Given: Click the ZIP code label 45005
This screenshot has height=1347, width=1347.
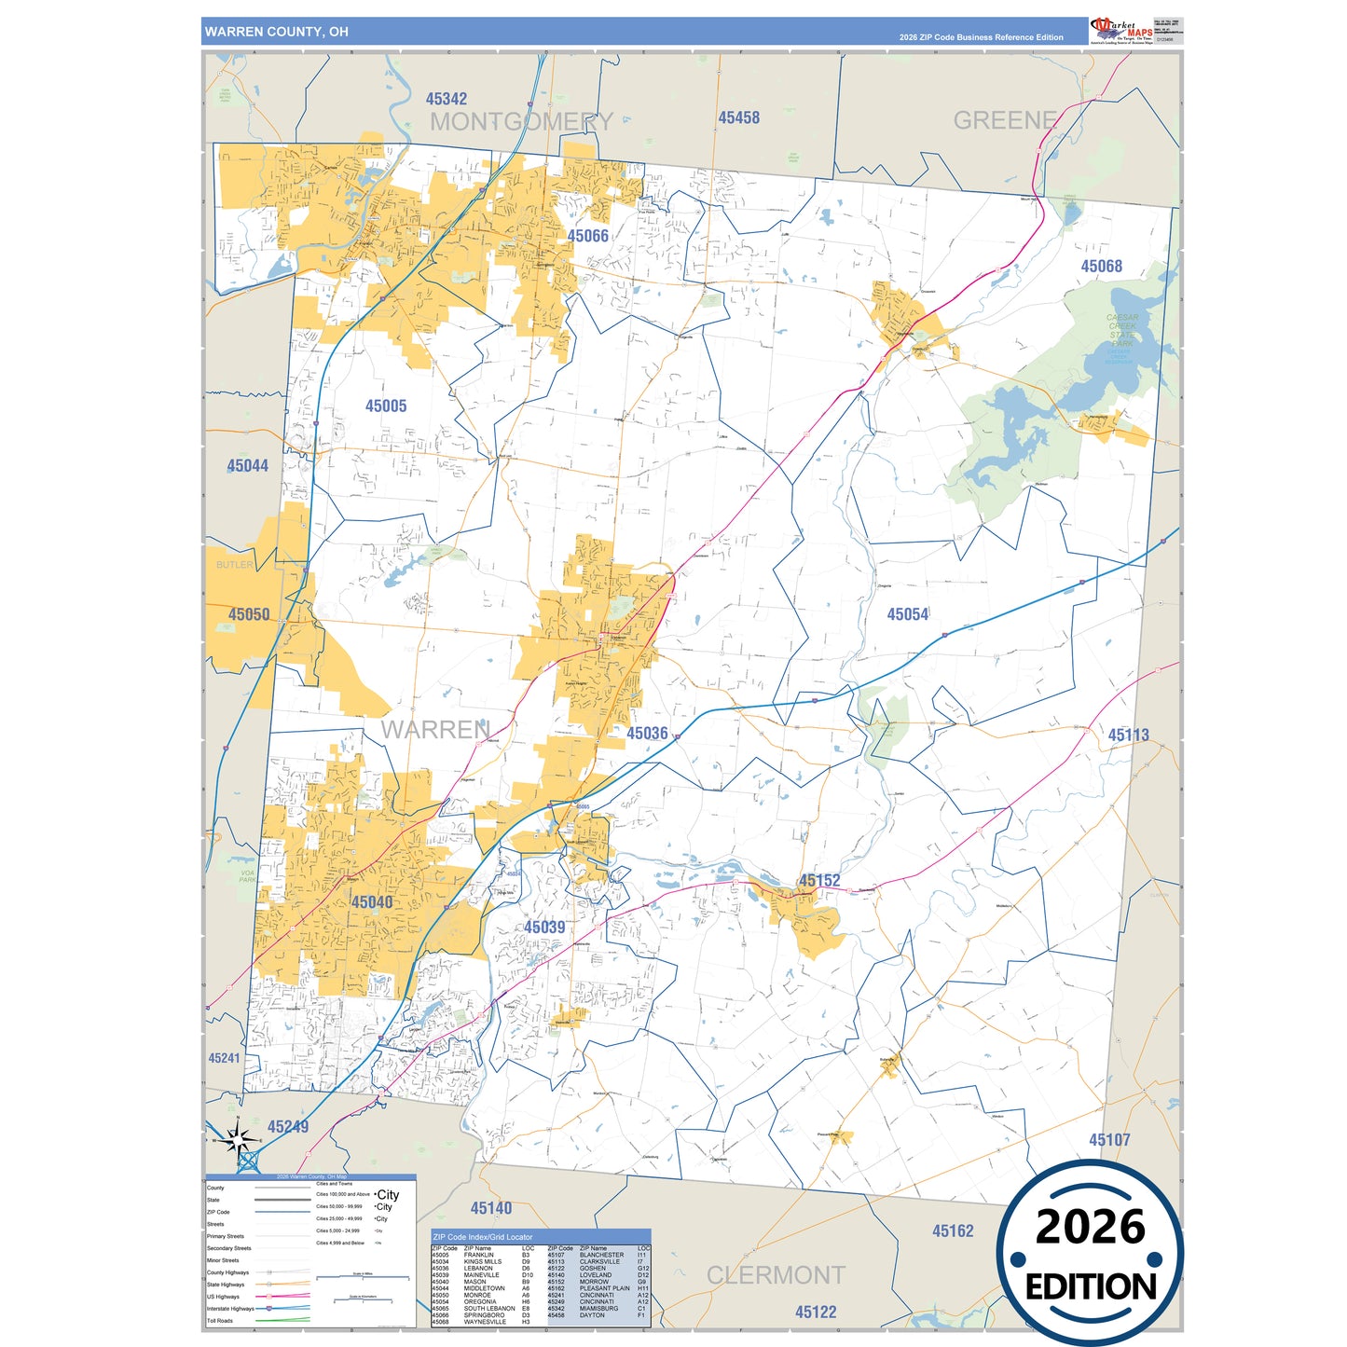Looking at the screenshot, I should click(386, 406).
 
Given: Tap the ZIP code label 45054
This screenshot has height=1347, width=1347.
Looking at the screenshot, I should click(907, 614).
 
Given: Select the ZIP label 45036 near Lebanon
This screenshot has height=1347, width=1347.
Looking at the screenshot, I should click(647, 734).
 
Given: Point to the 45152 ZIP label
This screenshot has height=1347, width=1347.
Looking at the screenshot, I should click(819, 881).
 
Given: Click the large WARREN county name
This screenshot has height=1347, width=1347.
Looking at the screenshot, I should click(435, 730).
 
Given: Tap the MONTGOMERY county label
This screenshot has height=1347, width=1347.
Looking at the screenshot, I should click(521, 122).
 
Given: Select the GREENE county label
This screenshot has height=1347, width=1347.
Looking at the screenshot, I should click(1005, 120).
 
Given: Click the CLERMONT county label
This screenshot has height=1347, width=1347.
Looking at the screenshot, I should click(776, 1275).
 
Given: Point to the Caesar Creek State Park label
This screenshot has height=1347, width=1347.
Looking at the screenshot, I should click(1122, 330).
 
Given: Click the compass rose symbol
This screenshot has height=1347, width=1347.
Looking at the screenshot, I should click(239, 1139).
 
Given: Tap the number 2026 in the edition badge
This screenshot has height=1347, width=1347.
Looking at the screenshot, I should click(1090, 1227).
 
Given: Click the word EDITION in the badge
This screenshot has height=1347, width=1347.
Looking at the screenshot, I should click(1091, 1287).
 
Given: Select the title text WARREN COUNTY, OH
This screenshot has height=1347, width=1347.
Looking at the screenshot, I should click(277, 32).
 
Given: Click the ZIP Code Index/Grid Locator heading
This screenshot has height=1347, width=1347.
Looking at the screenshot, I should click(483, 1237).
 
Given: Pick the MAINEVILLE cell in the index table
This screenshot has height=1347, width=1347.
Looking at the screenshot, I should click(481, 1275).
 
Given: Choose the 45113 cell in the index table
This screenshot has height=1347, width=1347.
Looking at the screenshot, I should click(556, 1262).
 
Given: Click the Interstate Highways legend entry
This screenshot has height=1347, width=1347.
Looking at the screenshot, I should click(229, 1309).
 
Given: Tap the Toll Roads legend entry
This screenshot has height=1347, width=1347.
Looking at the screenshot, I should click(220, 1321).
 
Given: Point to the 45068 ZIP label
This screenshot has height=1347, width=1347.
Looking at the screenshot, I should click(1101, 267).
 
